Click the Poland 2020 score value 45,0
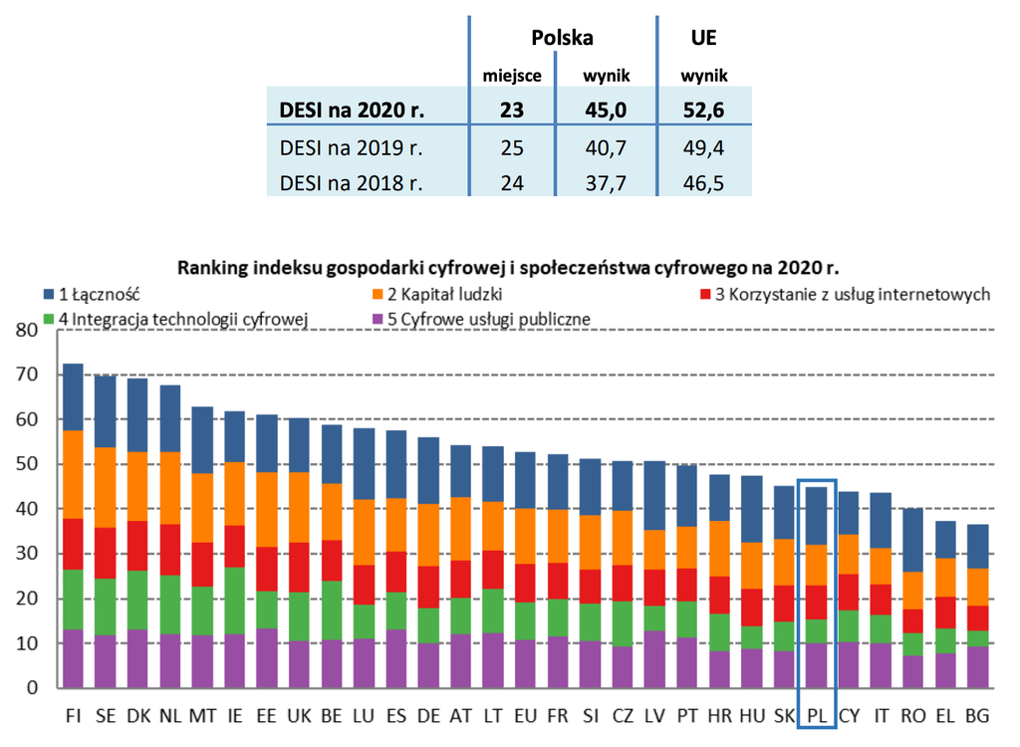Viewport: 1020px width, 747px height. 605,110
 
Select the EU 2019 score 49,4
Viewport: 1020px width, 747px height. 703,147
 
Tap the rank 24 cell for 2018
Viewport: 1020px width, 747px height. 512,183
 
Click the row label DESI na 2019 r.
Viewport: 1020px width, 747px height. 352,147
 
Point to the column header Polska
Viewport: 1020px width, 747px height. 562,38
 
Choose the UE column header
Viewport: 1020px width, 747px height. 703,38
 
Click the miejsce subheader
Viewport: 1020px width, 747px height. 512,76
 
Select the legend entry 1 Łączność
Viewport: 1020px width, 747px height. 92,294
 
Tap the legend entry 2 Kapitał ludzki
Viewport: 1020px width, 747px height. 437,294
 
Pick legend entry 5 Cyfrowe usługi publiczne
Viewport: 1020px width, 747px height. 481,319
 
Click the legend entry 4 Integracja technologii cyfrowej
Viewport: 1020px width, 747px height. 175,319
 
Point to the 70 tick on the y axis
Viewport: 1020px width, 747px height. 27,374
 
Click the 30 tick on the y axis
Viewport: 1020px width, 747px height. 27,553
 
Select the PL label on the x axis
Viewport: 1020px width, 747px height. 817,716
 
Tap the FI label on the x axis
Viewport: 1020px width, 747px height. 74,716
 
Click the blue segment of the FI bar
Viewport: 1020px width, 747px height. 74,397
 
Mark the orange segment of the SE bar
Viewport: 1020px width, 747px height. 106,487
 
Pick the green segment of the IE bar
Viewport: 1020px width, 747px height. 235,601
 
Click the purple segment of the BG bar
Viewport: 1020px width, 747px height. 978,667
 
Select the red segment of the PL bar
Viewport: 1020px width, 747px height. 817,602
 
